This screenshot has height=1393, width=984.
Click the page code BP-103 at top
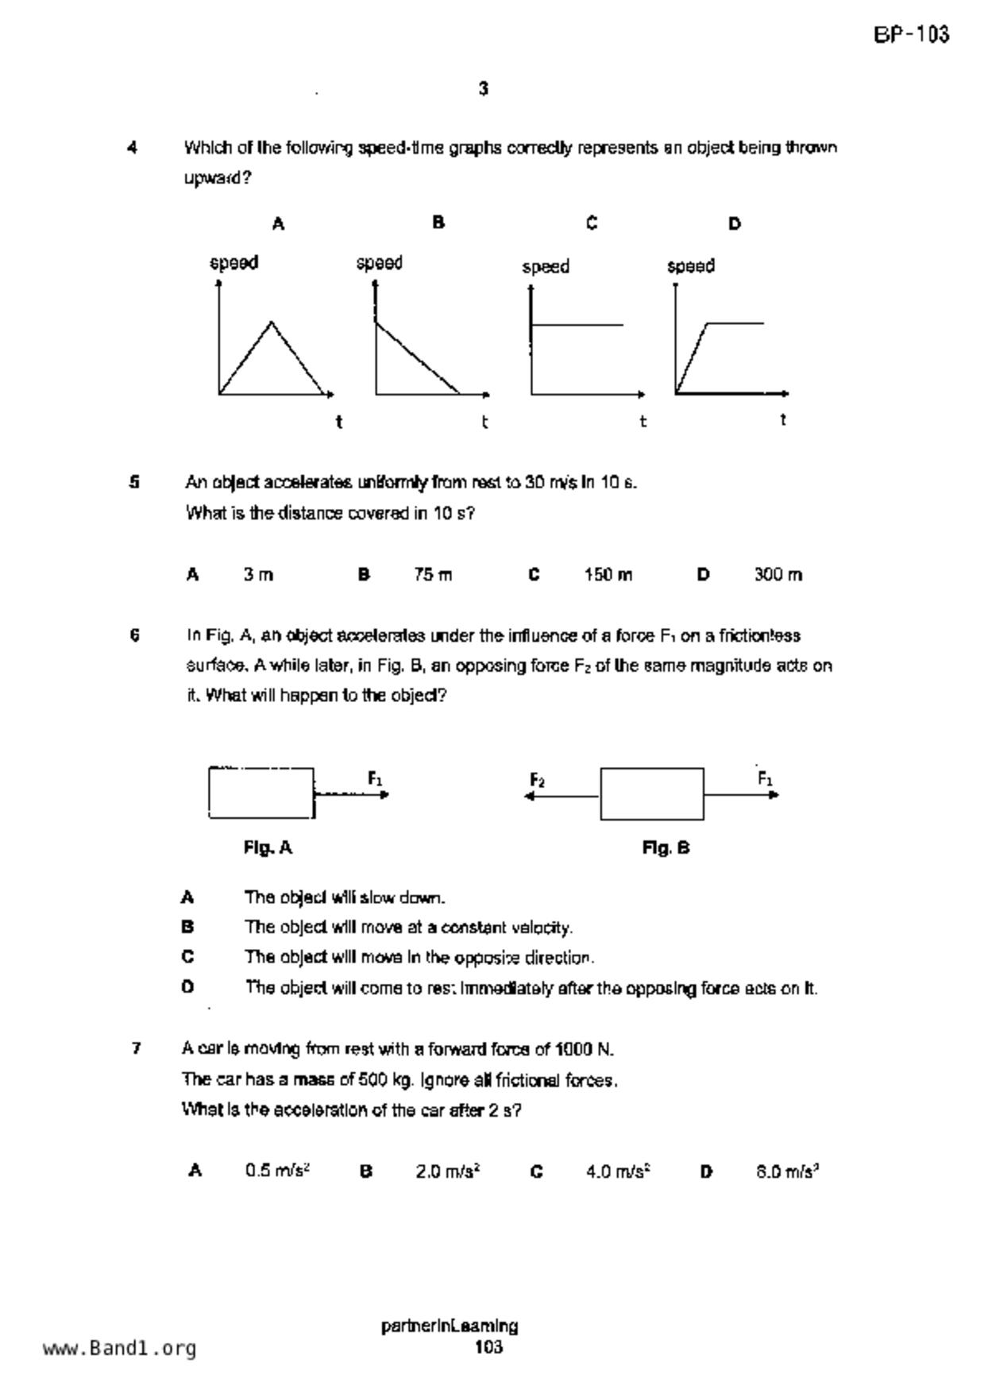[911, 35]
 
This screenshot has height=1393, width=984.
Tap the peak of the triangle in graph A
[272, 322]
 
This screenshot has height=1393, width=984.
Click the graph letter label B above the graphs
[438, 222]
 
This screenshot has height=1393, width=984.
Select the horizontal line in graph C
[577, 324]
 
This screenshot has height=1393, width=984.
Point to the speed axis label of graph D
[690, 266]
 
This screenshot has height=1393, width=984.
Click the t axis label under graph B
[484, 422]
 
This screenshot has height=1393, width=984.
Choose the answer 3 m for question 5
[258, 574]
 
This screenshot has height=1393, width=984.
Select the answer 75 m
[432, 574]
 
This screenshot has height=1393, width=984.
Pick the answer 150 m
[608, 574]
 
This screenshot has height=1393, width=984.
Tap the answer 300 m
[778, 574]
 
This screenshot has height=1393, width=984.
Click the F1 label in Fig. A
[376, 778]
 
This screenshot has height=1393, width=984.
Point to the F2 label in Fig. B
[538, 780]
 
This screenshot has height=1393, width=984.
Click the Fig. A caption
[268, 847]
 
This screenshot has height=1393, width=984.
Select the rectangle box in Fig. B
[651, 793]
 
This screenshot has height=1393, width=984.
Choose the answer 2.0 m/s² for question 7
[447, 1171]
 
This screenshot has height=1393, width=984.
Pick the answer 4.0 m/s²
[619, 1171]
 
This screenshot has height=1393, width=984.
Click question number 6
[135, 635]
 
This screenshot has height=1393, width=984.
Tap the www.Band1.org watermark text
[119, 1348]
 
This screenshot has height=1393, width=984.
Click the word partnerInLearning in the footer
[450, 1325]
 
